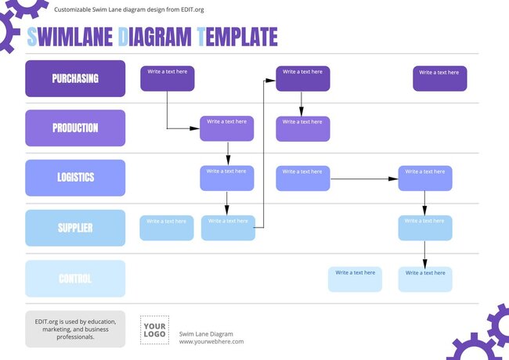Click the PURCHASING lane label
75,78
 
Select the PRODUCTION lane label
75,128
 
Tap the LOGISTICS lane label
75,178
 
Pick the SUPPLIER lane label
75,228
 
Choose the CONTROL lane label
75,279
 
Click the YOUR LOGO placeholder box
154,330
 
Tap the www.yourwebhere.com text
211,341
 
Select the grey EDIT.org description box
75,329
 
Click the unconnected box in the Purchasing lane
439,78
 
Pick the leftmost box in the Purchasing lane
168,78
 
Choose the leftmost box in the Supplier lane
167,228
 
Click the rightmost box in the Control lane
425,279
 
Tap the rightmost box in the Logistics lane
425,178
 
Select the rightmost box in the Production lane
303,128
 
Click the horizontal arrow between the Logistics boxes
364,179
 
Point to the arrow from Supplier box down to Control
425,254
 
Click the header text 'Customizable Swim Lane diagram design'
129,9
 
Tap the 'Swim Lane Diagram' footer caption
206,333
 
